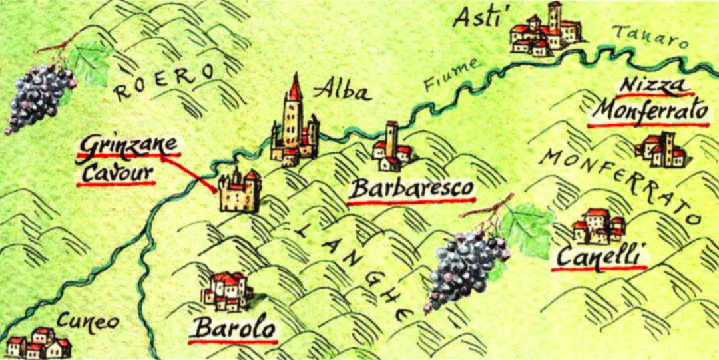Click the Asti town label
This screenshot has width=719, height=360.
[x=475, y=17]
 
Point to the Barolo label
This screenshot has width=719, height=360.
[x=233, y=329]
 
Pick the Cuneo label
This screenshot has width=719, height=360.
[x=87, y=322]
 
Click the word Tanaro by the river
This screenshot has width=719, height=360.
[x=649, y=37]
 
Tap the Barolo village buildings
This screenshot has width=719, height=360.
[x=228, y=291]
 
